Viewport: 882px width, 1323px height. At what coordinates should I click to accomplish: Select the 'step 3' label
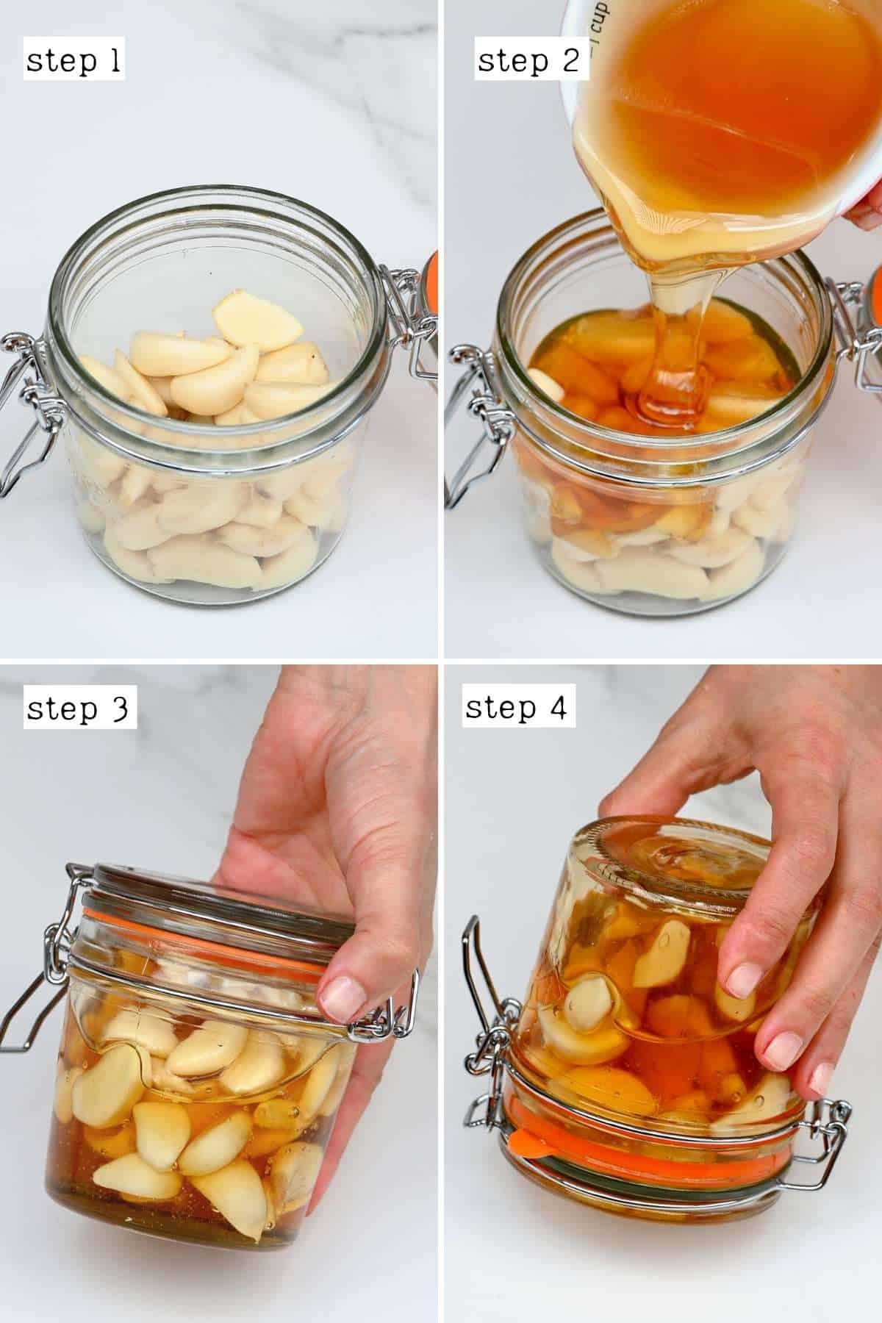click(x=79, y=709)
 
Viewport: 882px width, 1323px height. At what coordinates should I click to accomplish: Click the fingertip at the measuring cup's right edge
click(x=867, y=206)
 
